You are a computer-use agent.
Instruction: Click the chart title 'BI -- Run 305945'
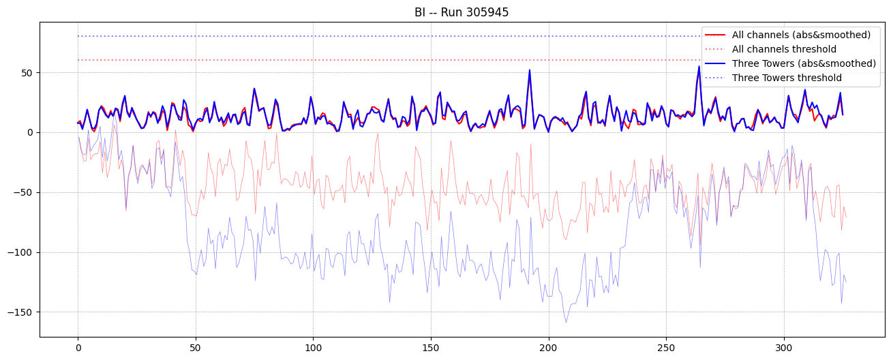coord(462,12)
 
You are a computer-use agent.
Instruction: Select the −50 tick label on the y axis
coord(24,192)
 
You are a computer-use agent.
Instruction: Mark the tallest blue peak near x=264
coord(699,67)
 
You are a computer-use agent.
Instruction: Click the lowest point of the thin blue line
coord(566,322)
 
